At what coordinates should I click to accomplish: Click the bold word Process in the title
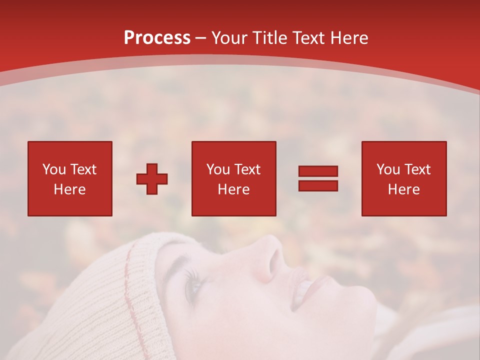point(157,38)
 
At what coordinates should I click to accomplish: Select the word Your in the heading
point(229,38)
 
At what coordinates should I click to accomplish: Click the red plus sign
point(152,179)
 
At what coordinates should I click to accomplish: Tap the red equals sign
point(318,178)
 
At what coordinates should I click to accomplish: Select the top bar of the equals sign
point(318,171)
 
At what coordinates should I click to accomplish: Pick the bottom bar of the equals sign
point(318,185)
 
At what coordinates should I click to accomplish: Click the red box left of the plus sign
point(70,178)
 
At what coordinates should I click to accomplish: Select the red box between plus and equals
point(234,178)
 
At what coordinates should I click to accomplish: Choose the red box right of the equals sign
point(404,178)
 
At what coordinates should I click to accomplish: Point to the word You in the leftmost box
point(54,169)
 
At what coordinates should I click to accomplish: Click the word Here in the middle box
point(234,189)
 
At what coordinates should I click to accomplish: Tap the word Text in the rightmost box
point(417,169)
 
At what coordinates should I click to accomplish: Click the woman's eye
point(193,285)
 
